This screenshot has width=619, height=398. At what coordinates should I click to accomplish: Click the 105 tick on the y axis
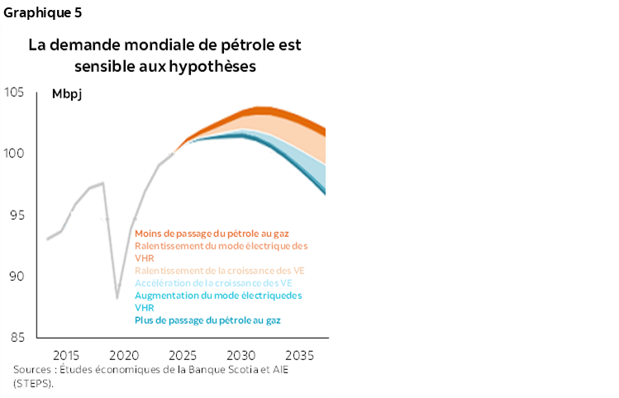(x=15, y=92)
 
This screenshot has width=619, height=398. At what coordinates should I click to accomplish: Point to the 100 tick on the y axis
(x=15, y=154)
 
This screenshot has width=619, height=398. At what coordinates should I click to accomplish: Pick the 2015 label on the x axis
(x=65, y=354)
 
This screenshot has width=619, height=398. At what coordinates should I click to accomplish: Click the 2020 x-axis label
(x=124, y=354)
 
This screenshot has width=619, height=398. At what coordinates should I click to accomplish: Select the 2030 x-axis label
(x=240, y=354)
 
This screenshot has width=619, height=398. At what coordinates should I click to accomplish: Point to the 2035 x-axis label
(x=298, y=354)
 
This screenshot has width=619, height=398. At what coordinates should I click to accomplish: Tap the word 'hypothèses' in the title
(x=212, y=65)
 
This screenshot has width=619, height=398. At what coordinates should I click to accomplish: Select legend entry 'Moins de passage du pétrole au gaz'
(x=211, y=234)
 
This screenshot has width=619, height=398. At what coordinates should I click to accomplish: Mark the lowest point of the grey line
(x=117, y=297)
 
